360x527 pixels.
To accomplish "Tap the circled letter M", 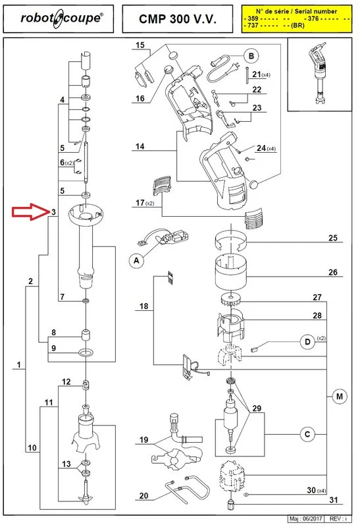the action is point(339,397).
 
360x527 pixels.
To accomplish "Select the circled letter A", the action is point(136,260).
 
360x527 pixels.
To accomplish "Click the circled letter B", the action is point(251,56).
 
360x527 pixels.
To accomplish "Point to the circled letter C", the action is point(307,434).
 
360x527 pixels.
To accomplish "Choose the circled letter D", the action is point(307,342).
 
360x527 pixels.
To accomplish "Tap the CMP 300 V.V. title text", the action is point(178,19).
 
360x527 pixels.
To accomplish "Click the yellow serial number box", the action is point(297,19).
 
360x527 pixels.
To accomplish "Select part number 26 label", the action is point(333,272).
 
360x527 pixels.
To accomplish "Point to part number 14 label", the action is point(140,146).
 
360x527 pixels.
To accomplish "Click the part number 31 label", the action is point(334,500).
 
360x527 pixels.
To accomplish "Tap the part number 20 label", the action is point(143,495).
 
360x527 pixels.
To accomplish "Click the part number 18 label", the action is point(143,306).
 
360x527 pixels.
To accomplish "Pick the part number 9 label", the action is point(53,348).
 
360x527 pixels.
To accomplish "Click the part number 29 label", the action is point(257,408).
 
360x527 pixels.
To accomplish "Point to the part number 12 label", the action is point(66,381).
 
